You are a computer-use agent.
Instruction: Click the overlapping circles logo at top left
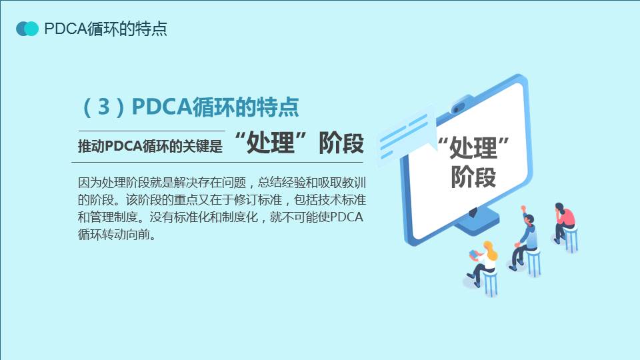point(27,29)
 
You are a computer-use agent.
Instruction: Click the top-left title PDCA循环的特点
point(106,29)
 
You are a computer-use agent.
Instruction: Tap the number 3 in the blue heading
point(104,107)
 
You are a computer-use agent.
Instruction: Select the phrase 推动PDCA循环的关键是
point(150,146)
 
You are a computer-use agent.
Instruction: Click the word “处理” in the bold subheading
point(271,143)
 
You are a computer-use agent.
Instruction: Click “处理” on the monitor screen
point(473,147)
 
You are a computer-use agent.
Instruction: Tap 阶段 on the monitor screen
point(473,177)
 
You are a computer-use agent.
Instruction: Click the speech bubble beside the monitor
point(406,137)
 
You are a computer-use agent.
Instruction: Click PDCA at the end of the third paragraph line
point(346,217)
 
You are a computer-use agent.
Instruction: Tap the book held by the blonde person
point(473,254)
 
